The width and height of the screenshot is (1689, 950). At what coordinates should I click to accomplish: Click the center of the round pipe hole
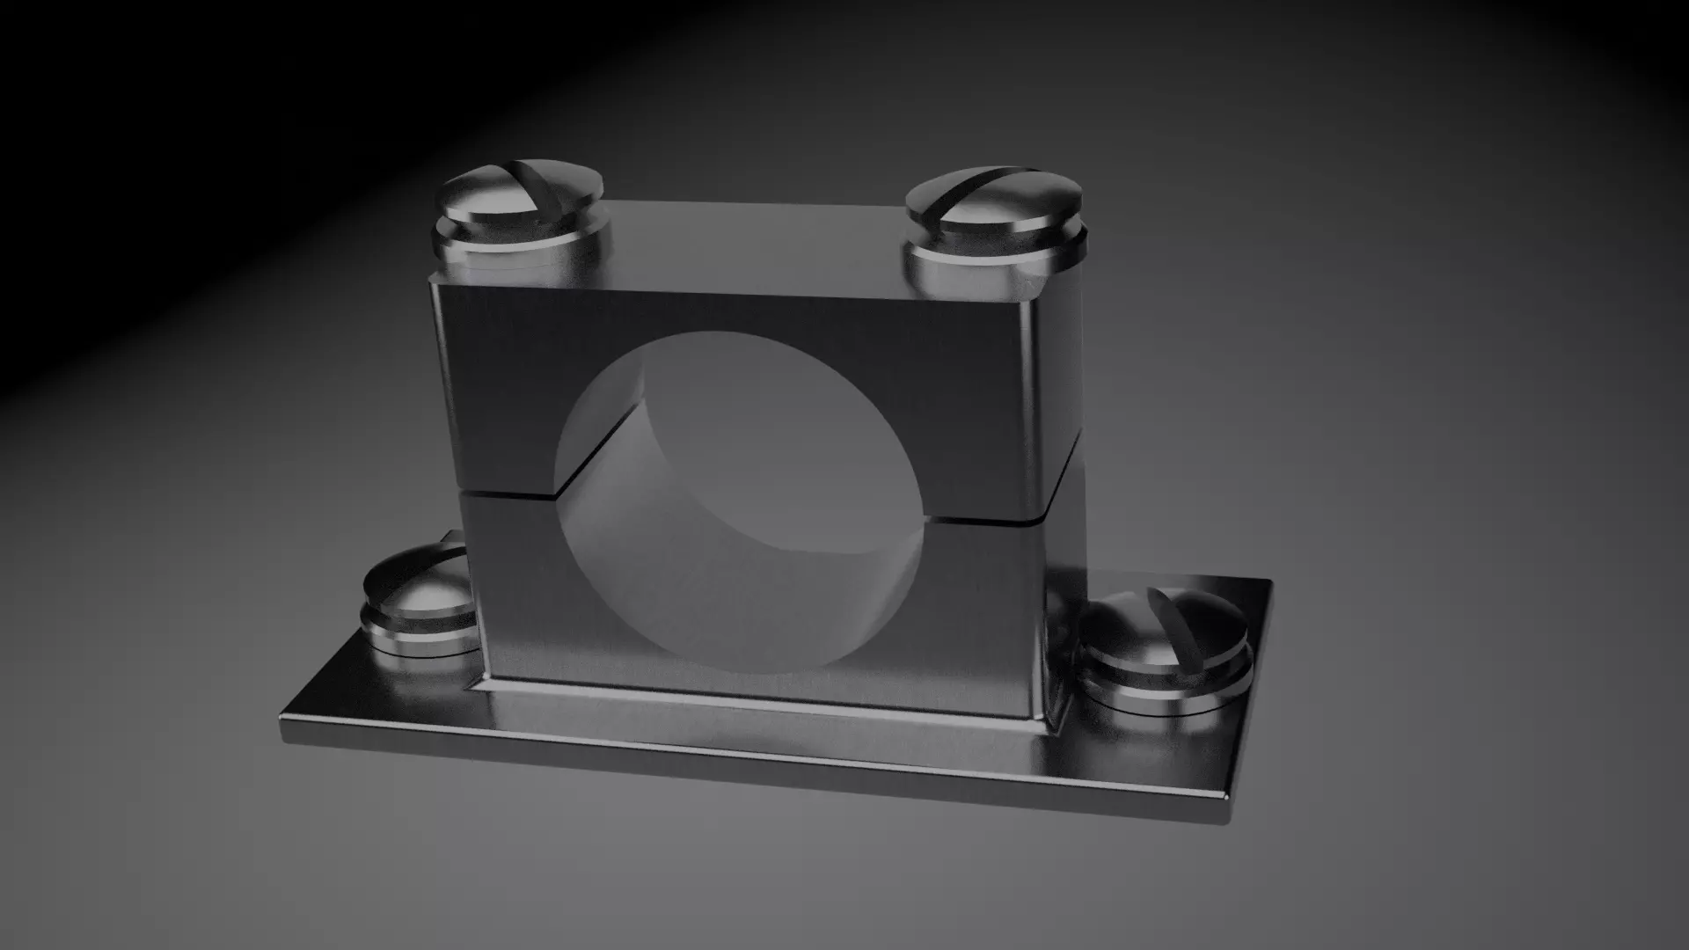point(739,501)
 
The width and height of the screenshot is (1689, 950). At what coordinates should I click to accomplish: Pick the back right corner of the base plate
point(1270,581)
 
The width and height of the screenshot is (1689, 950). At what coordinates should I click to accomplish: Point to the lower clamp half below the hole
point(748,691)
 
